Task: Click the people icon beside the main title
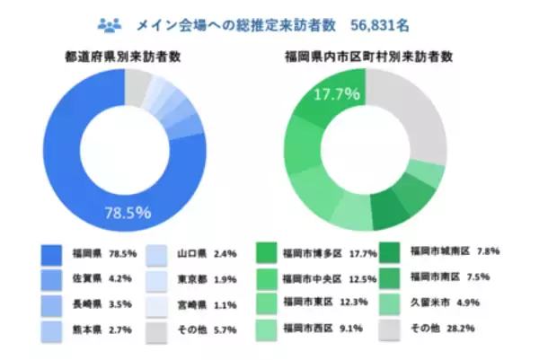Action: [109, 21]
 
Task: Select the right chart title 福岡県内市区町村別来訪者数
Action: [367, 56]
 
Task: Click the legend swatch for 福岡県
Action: [51, 253]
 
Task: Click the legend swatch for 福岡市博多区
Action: [266, 253]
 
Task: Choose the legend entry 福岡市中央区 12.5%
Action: [326, 278]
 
